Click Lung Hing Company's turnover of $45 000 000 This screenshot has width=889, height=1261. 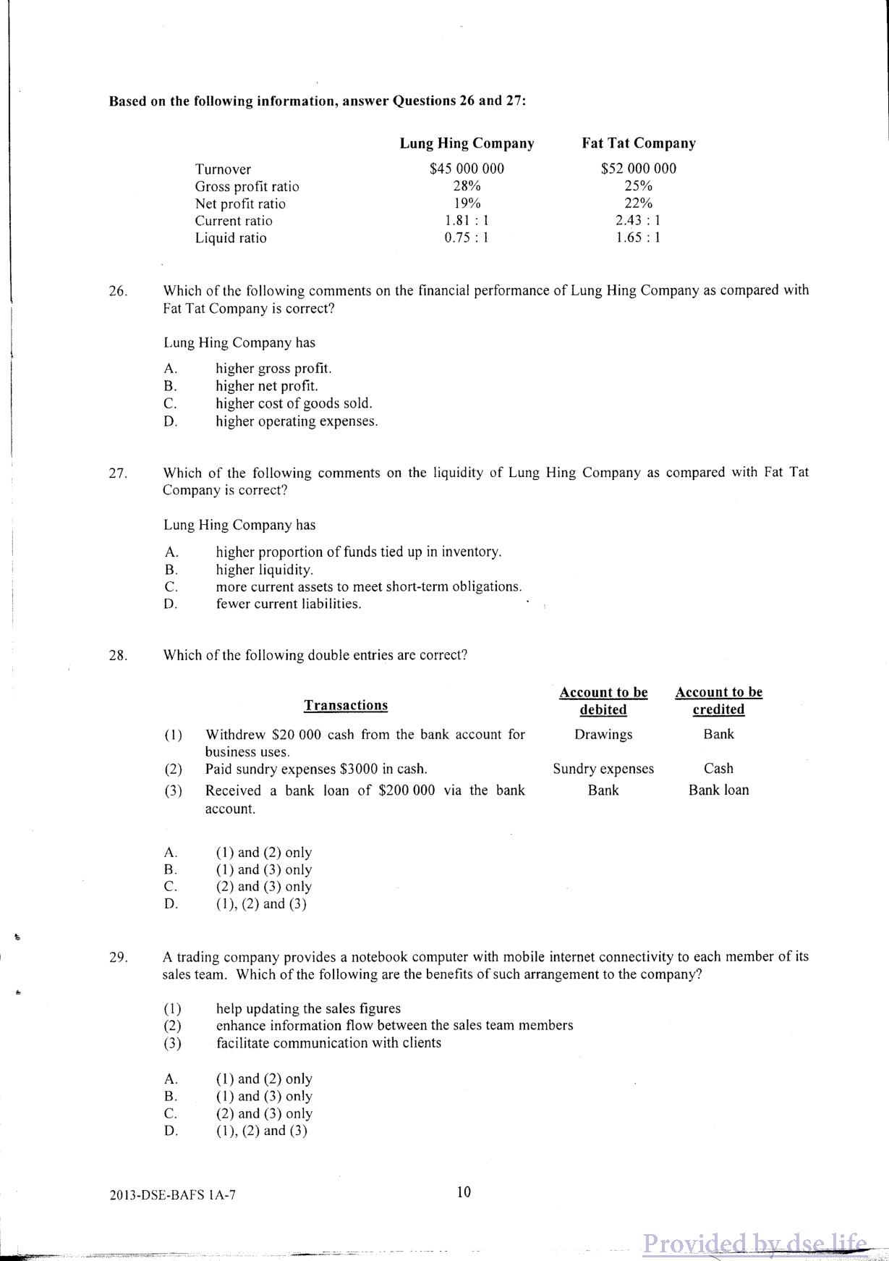(467, 169)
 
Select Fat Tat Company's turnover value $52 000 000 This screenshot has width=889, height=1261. (639, 169)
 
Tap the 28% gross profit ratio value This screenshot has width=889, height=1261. (467, 186)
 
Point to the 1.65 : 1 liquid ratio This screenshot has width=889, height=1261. (638, 237)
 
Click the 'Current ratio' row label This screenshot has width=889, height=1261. (234, 221)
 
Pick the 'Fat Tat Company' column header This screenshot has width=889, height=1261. (639, 143)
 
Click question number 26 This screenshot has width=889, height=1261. (118, 291)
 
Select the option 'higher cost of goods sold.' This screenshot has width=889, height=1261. (294, 403)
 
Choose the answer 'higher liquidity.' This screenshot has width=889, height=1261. (264, 570)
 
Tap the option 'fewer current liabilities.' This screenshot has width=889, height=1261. (289, 604)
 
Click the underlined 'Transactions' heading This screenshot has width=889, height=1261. (346, 705)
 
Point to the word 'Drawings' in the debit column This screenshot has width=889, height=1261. (603, 734)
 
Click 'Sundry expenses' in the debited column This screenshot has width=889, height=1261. (603, 769)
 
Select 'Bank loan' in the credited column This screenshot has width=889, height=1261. (718, 790)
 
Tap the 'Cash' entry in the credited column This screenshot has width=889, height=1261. (718, 768)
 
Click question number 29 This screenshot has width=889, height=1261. (118, 957)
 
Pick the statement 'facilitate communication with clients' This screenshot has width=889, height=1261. (328, 1042)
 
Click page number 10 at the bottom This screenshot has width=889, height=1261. (464, 1192)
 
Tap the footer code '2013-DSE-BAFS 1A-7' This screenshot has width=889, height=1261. (173, 1195)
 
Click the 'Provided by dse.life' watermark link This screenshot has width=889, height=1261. (754, 1244)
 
